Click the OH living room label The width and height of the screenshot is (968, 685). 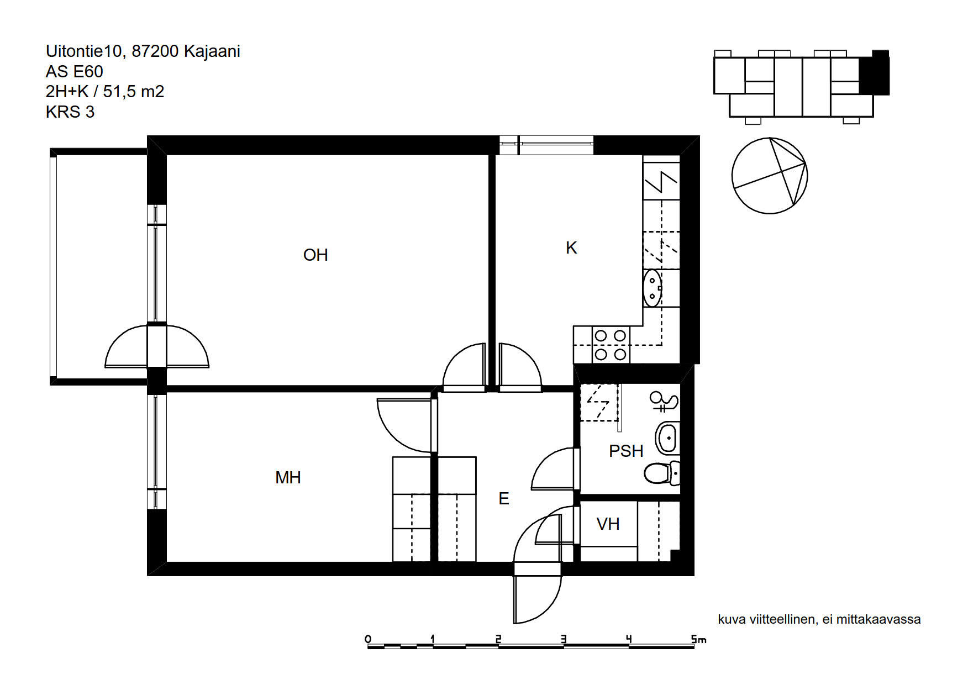coord(315,255)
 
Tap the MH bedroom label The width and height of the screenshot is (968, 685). coord(288,477)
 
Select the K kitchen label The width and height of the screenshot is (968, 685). coord(571,247)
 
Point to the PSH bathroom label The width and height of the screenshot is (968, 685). coord(626,451)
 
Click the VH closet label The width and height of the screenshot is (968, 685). coord(608,524)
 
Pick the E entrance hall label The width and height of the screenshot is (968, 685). coord(504,498)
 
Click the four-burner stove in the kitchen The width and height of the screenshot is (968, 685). coord(611,345)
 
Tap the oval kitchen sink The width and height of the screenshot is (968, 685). coord(652,288)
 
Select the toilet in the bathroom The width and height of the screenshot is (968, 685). coord(661,473)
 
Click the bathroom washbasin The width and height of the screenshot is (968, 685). coord(667,439)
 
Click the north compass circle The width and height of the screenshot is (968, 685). coord(770,176)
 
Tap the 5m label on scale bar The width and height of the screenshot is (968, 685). coord(698,639)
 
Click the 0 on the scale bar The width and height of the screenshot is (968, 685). coord(368,639)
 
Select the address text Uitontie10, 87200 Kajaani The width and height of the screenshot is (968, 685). coord(143,51)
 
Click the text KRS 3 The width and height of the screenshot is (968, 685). coord(70,112)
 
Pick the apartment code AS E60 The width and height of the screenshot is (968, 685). coord(74,72)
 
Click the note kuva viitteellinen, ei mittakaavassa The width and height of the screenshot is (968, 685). coord(819,619)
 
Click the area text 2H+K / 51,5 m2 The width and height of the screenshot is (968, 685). coord(105,92)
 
